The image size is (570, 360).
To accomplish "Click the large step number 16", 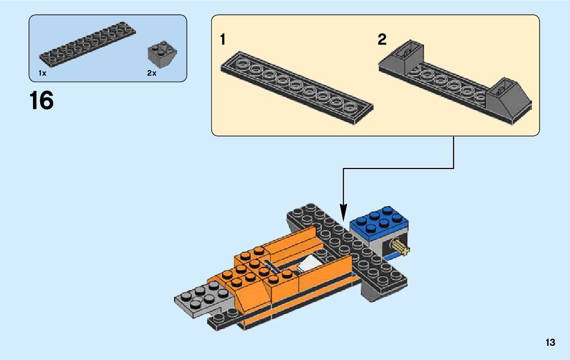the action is tap(42, 101).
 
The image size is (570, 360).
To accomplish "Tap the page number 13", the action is tap(550, 343).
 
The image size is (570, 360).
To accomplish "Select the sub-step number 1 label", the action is tap(223, 40).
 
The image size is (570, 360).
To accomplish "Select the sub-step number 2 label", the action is tap(382, 40).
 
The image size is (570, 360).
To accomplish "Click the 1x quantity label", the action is tap(42, 74).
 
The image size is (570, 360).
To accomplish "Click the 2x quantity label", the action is tap(152, 74).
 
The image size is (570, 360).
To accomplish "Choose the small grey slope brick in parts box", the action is tap(159, 54).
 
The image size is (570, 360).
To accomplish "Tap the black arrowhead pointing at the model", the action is tap(344, 213).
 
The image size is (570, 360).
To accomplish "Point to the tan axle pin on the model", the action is tap(400, 248).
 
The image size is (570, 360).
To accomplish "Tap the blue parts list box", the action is tap(108, 48).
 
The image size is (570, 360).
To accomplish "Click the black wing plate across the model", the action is tap(350, 249).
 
